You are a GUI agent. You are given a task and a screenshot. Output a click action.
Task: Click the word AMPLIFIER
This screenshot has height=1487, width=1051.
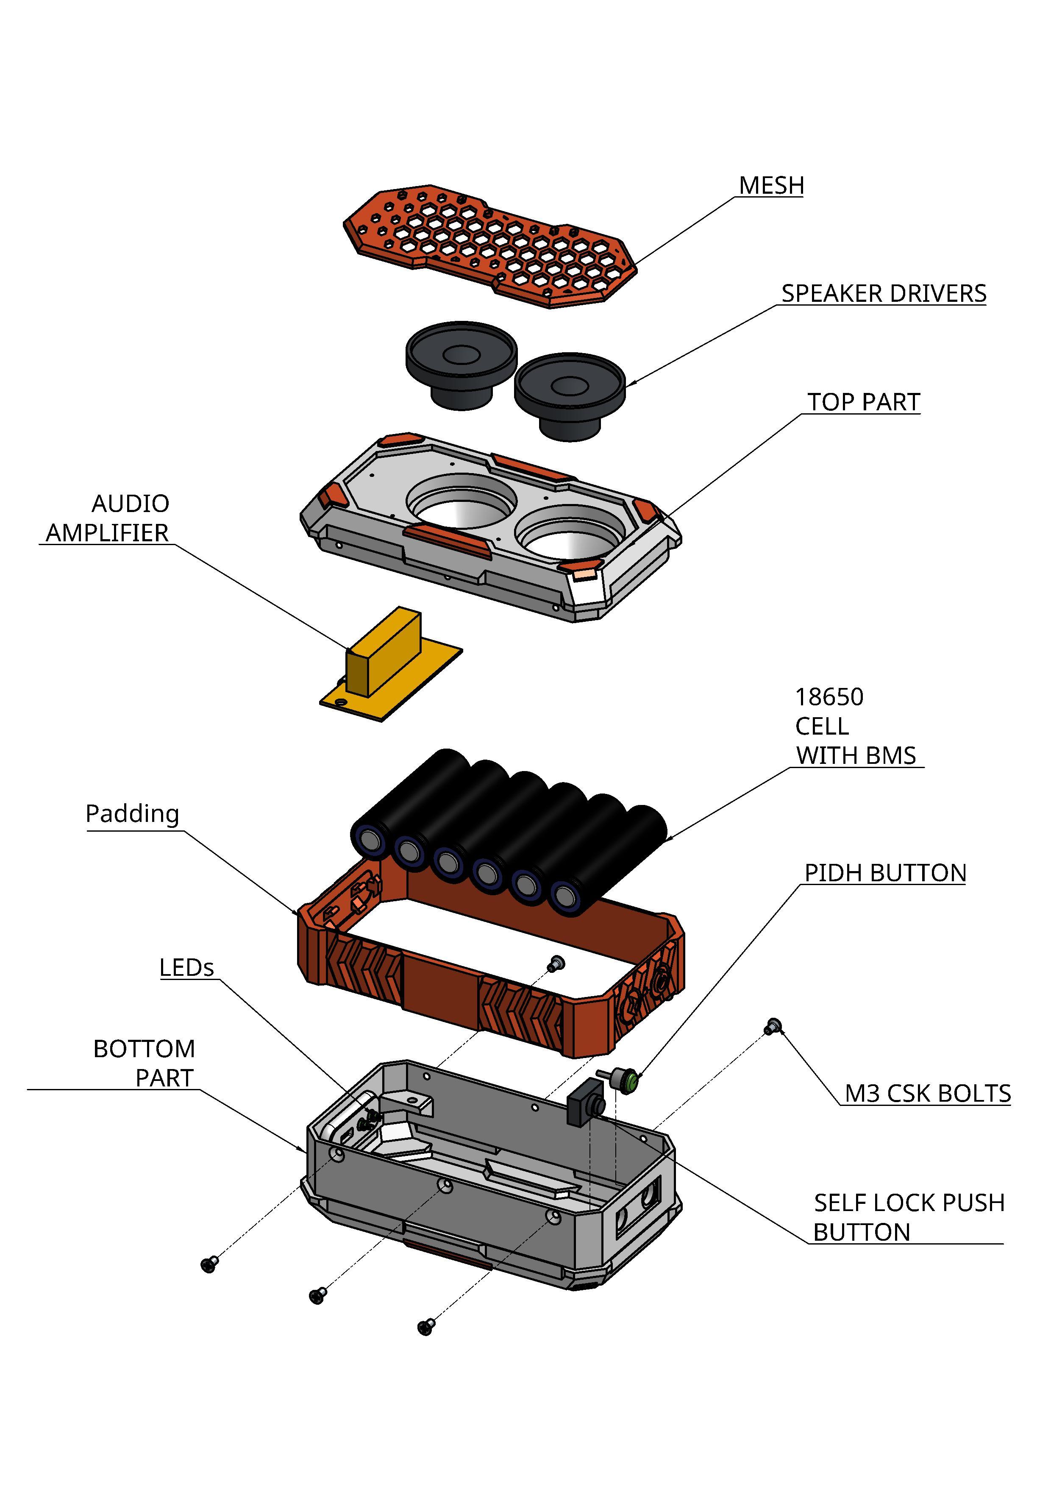[x=107, y=533]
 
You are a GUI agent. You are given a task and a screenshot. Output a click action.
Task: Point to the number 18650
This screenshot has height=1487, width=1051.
[x=829, y=697]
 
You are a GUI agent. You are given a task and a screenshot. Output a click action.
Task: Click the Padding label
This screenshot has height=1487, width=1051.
[x=132, y=813]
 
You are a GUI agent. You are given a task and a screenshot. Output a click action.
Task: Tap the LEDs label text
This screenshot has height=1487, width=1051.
[x=186, y=968]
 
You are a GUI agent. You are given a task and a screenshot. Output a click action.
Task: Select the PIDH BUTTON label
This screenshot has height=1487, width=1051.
[x=884, y=873]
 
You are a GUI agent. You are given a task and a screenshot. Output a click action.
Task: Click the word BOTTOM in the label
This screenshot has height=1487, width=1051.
[x=144, y=1049]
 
